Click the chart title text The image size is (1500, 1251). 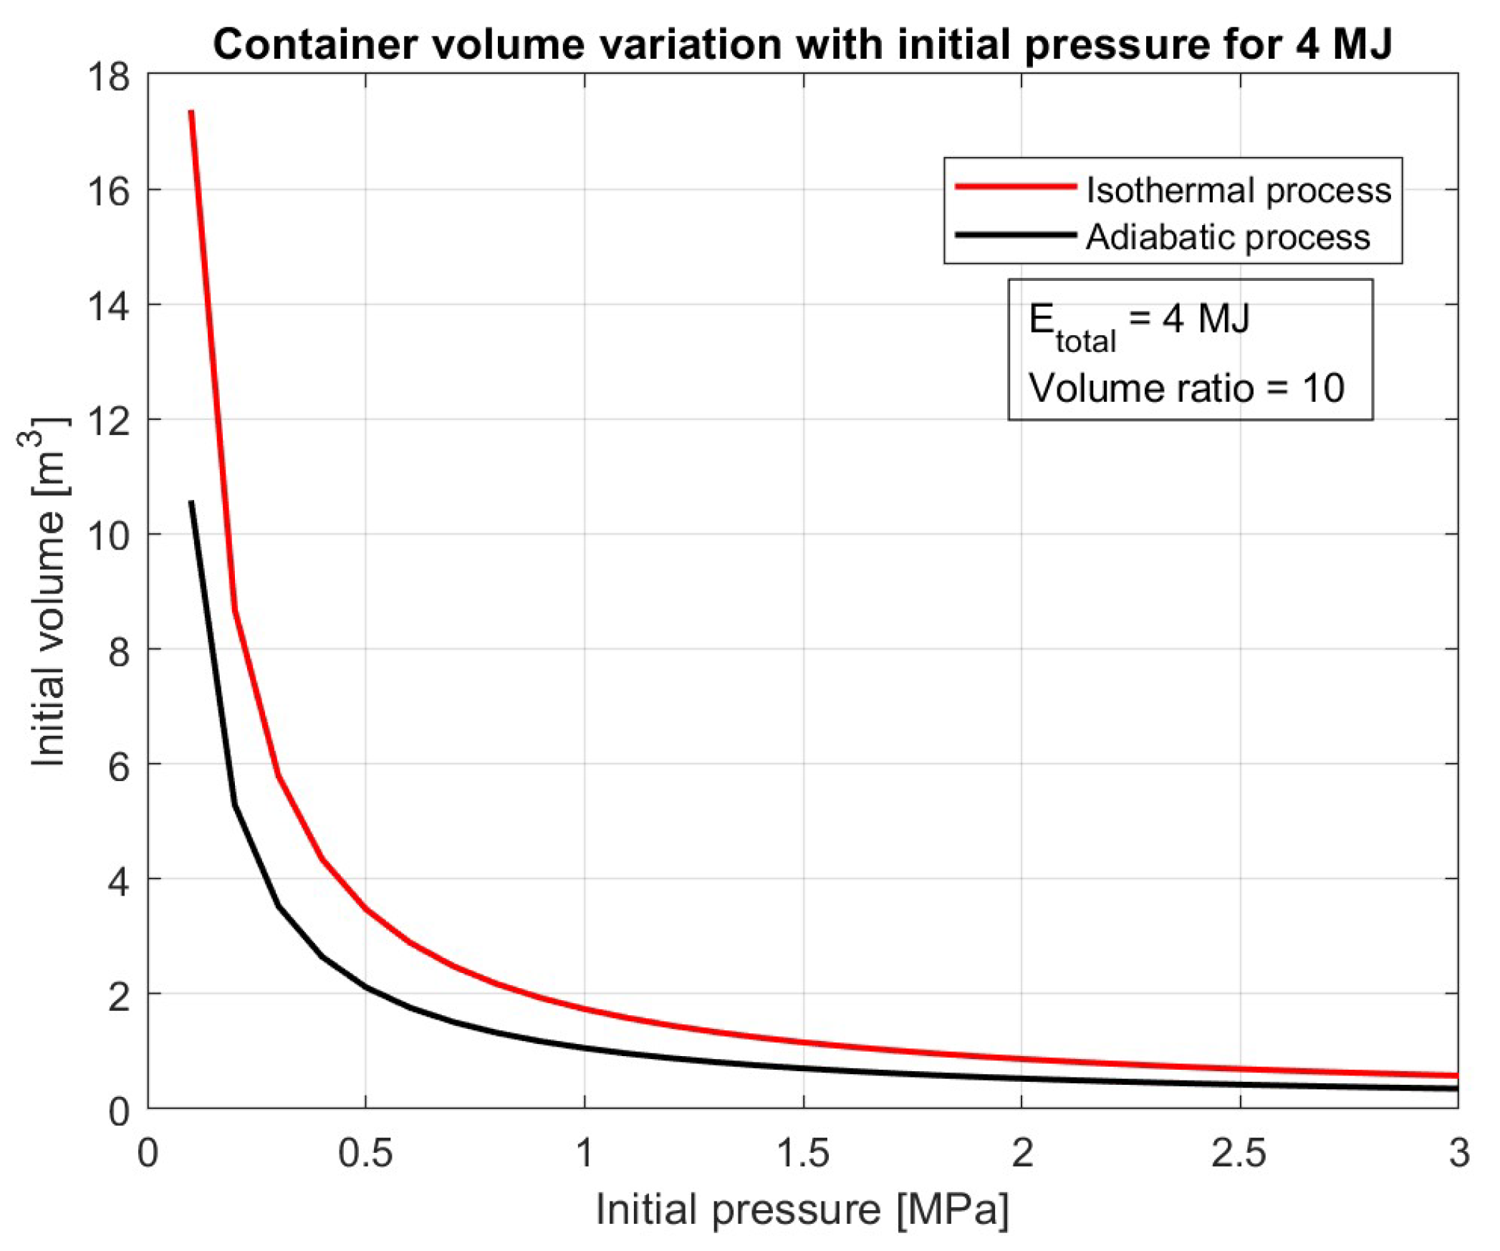[x=802, y=44]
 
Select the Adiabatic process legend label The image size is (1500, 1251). [x=1228, y=237]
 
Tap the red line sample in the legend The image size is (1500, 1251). [x=1016, y=186]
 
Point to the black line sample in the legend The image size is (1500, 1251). [x=1016, y=234]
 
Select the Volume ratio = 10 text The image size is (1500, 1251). [x=1187, y=388]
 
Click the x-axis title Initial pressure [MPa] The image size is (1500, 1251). [x=802, y=1210]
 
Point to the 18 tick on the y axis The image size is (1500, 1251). [x=109, y=76]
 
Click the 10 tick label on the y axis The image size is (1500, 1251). [x=109, y=535]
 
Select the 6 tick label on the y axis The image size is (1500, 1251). [x=119, y=764]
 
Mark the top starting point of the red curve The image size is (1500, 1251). [x=191, y=112]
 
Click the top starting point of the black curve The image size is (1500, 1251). [x=191, y=502]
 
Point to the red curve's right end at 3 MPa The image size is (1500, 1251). [x=1457, y=1075]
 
